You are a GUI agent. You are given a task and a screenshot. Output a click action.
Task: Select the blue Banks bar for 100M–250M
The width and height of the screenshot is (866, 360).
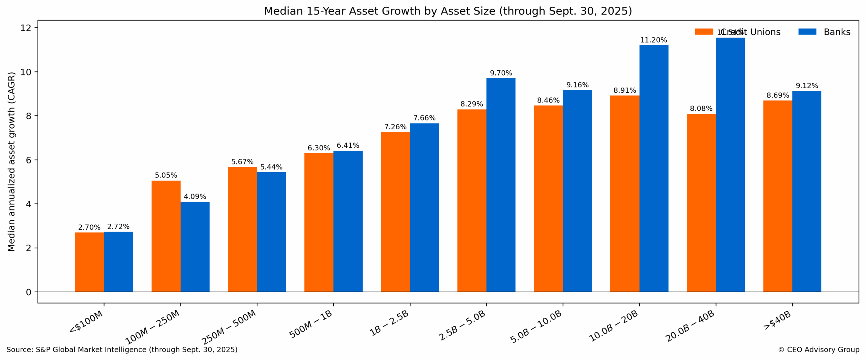tap(195, 247)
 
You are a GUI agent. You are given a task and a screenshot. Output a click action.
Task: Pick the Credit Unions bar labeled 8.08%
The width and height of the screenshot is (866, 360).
tap(701, 203)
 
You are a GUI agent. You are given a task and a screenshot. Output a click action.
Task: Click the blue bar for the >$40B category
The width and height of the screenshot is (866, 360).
tap(806, 191)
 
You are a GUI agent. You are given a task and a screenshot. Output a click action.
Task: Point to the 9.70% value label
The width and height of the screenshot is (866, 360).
tap(501, 73)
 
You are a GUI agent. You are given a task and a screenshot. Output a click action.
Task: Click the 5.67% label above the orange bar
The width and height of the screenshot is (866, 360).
tap(242, 162)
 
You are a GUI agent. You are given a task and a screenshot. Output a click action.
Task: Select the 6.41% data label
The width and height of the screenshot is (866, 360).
tap(348, 145)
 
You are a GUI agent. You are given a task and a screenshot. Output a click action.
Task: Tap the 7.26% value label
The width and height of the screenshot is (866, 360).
tap(395, 127)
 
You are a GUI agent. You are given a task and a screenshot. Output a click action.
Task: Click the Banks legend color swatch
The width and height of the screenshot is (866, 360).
tap(807, 32)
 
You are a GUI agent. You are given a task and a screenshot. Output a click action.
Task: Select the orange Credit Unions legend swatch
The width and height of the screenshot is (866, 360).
tap(704, 32)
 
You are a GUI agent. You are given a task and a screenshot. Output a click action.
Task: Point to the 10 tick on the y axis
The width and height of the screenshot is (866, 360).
tap(26, 72)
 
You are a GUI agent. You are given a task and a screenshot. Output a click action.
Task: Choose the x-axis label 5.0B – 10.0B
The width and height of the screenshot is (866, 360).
tap(536, 327)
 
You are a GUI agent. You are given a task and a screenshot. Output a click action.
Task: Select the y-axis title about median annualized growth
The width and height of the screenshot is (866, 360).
tap(12, 161)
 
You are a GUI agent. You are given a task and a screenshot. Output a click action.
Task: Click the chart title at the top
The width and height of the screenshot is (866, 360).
tap(448, 11)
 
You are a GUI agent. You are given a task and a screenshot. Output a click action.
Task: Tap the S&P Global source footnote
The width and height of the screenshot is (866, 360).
tap(122, 350)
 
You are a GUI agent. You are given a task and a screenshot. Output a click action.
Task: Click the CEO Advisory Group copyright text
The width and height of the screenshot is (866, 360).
tap(818, 350)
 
